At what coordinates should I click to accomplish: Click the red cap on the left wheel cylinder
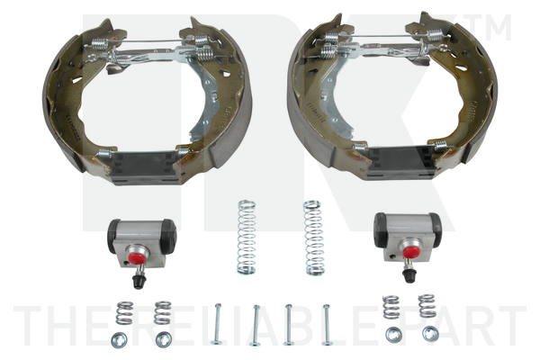[x=139, y=257]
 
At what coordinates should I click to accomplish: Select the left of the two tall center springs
[x=246, y=237]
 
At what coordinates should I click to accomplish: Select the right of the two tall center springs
[x=312, y=237]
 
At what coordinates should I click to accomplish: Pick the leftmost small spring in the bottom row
[x=124, y=312]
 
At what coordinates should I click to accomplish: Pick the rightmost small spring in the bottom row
[x=427, y=306]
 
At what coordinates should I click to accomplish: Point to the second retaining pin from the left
[x=256, y=324]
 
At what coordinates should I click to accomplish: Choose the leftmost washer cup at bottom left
[x=118, y=339]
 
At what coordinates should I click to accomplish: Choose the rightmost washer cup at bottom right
[x=430, y=334]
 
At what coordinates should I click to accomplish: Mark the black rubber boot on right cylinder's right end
[x=436, y=231]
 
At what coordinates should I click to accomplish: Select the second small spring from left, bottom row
[x=162, y=312]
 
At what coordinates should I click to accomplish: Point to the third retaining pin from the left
[x=289, y=324]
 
